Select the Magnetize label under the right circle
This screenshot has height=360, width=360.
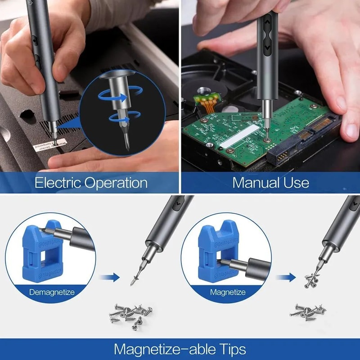point(228,292)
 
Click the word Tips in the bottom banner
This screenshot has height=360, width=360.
point(228,349)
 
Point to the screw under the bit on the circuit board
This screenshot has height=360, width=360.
point(268,140)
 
